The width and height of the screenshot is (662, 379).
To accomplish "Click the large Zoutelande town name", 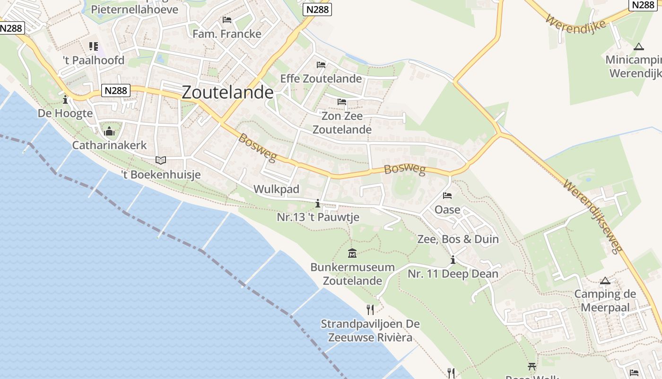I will pos(227,92).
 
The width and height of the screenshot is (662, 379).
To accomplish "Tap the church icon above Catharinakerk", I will pos(110,131).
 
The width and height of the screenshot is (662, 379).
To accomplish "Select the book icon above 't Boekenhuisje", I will pos(161,160).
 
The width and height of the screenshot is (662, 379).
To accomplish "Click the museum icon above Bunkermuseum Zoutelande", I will pos(352,253).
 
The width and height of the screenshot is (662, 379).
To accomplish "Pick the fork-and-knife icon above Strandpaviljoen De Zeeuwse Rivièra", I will pos(370,310).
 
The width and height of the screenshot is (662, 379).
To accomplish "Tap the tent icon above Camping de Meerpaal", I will pos(605,280).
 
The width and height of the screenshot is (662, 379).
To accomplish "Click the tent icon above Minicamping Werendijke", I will pos(639,46).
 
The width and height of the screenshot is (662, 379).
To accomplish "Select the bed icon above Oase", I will pos(447,196).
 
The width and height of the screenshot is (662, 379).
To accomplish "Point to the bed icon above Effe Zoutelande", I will pos(321,64).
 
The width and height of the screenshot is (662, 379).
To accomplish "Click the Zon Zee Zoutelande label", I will pos(342,123).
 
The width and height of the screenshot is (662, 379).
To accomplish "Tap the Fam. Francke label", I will pos(227,34).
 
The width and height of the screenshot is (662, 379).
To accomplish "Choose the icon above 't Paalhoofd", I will pos(94,46).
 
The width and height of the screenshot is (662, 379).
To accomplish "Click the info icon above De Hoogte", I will pos(65,100).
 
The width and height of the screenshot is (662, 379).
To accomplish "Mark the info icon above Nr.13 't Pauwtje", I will pos(318,204).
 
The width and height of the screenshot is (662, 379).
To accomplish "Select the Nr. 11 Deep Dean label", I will pos(453,274).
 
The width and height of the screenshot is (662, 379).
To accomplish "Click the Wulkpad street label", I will pos(276,189).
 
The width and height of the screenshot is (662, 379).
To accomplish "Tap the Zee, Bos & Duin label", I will pos(458,239).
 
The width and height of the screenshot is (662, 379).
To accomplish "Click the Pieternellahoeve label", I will pos(135,9).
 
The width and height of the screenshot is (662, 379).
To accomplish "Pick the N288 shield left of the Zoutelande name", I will pos(116,90).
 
